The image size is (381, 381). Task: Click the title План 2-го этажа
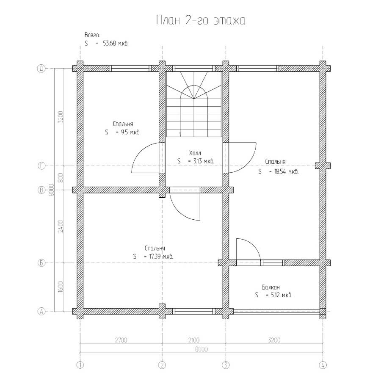click(x=201, y=20)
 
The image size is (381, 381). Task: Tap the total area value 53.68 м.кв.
click(x=116, y=44)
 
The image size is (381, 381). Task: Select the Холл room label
click(x=195, y=153)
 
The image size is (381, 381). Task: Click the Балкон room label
click(x=271, y=287)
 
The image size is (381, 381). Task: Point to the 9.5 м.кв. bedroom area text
click(x=130, y=133)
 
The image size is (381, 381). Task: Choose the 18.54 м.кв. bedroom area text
click(x=286, y=171)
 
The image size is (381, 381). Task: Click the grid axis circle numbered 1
click(x=80, y=365)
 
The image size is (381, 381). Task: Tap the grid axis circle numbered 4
click(x=323, y=365)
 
